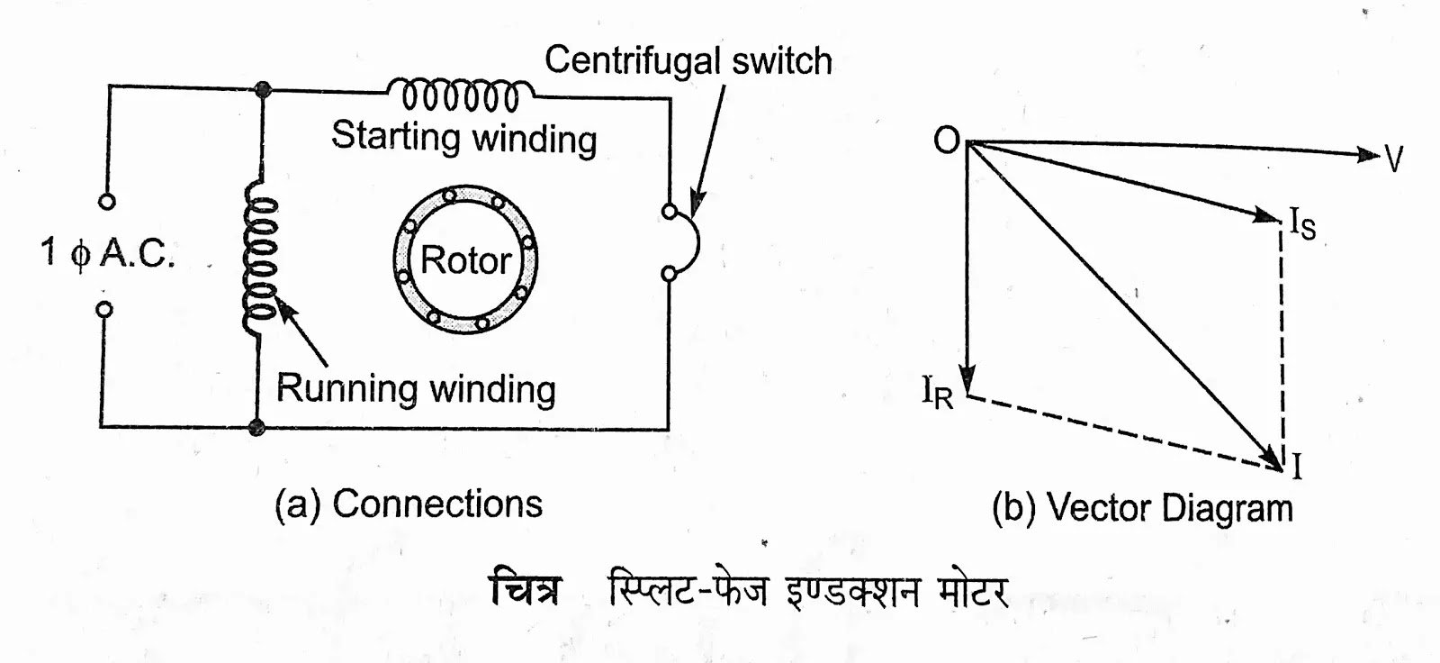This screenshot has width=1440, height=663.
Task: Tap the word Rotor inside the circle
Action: (465, 260)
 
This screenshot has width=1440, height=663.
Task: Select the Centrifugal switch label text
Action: (688, 61)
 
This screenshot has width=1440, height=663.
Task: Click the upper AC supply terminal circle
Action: (107, 202)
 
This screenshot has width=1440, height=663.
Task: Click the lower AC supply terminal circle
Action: (105, 310)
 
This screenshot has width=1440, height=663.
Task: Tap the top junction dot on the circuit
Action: (263, 89)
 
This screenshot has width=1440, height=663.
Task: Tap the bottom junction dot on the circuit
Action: (257, 426)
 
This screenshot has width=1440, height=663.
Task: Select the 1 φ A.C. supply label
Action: (107, 253)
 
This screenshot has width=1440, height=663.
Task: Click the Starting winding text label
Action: (463, 137)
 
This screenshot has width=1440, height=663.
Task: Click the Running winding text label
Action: (416, 389)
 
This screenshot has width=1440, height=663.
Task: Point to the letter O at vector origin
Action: (947, 141)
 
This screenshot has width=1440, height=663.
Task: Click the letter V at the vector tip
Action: (1393, 160)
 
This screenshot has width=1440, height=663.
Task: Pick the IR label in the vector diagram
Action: (937, 393)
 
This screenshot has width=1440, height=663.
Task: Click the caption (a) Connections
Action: (409, 504)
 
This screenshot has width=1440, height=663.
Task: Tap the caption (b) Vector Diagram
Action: (1142, 508)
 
